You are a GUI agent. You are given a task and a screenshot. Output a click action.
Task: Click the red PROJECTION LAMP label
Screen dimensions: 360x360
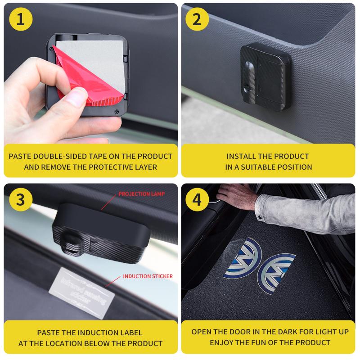pos(141,194)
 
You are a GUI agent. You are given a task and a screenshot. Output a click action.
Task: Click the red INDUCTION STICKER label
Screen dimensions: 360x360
pos(148,276)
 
